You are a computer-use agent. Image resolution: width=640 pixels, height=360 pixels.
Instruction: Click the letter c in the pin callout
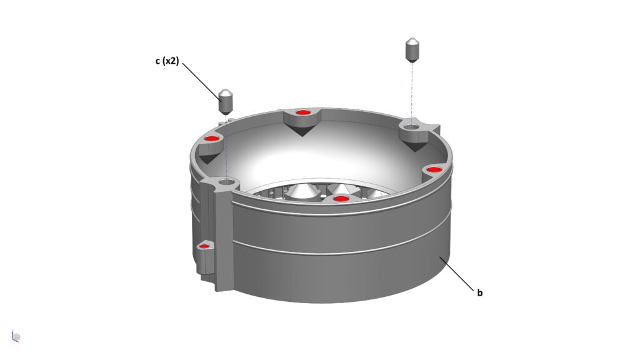pyautogui.click(x=158, y=61)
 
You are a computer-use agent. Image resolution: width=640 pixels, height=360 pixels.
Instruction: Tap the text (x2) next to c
pyautogui.click(x=171, y=61)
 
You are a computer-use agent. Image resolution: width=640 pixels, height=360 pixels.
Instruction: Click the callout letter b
pyautogui.click(x=480, y=292)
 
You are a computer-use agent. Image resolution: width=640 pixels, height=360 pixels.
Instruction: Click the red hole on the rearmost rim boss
pyautogui.click(x=302, y=112)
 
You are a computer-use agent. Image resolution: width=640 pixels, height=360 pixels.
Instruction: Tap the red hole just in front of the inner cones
pyautogui.click(x=339, y=199)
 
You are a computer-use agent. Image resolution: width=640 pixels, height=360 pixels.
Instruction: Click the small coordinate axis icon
pyautogui.click(x=16, y=336)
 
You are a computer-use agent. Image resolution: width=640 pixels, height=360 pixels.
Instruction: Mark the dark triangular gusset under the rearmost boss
pyautogui.click(x=301, y=130)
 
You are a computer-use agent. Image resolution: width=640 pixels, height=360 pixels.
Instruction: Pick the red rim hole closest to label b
pyautogui.click(x=434, y=169)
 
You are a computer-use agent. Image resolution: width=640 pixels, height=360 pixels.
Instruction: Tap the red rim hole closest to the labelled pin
pyautogui.click(x=211, y=138)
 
